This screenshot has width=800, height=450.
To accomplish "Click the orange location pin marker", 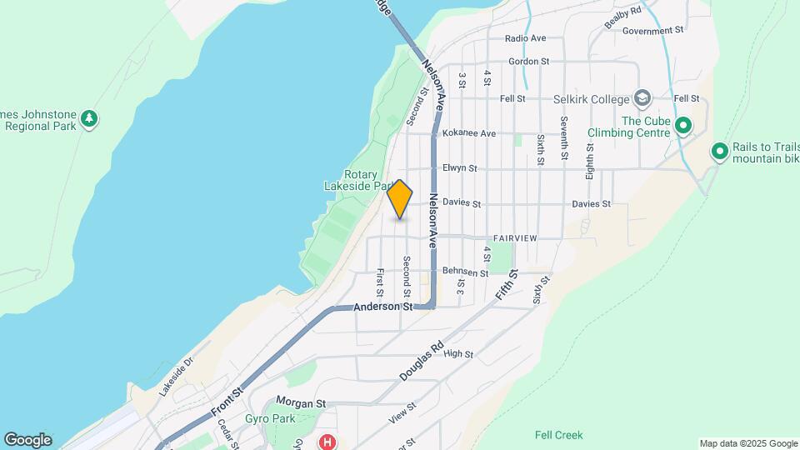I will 400,199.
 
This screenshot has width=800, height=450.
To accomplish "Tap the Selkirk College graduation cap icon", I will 642,99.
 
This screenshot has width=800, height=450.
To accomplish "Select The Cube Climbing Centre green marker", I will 683,127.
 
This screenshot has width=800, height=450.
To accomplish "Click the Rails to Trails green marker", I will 719,152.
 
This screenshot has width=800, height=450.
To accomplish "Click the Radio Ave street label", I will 525,38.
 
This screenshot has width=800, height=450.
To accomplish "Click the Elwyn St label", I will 460,167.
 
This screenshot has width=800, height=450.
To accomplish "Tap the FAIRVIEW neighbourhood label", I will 515,238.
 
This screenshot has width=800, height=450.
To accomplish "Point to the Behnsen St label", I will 465,272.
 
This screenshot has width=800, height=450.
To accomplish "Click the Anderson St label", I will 382,307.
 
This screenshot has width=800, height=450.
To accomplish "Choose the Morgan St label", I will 300,403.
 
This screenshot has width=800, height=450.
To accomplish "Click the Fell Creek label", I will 558,435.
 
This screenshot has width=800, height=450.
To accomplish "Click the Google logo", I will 27,440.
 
